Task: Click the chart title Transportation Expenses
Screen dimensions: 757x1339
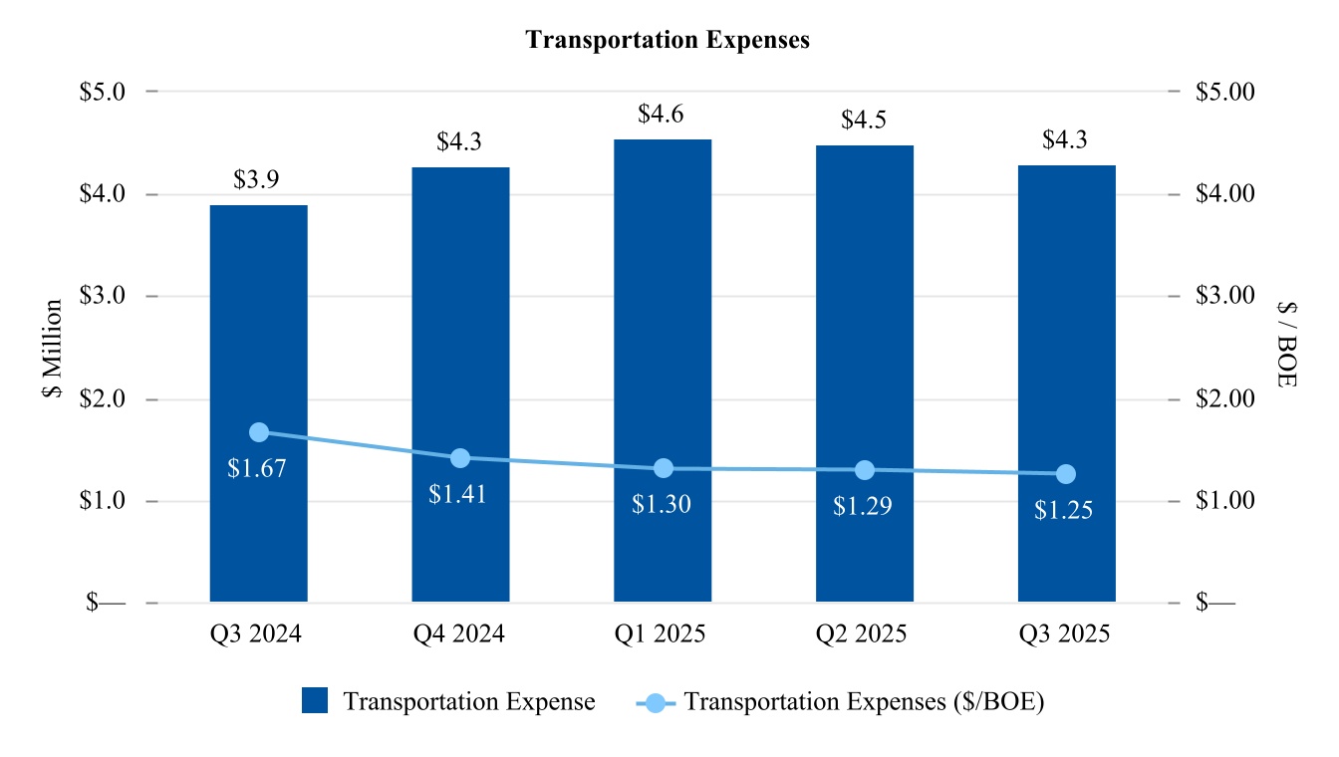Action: click(668, 40)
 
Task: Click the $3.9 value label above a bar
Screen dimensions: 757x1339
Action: click(258, 180)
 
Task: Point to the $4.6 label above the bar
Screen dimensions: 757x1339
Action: click(663, 115)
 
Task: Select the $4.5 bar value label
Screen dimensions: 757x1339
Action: click(864, 121)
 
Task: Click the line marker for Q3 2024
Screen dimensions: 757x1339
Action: click(259, 432)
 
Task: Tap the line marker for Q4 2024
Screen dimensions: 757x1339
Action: click(460, 458)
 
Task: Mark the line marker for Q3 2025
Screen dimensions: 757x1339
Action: click(1066, 474)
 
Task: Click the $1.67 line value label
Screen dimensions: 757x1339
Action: click(257, 468)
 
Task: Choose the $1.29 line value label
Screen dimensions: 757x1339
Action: click(863, 506)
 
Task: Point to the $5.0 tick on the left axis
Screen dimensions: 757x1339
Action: click(103, 92)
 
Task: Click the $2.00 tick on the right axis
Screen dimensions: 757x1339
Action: click(1224, 399)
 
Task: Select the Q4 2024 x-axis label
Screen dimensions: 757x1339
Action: click(459, 634)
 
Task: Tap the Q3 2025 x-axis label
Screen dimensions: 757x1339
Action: click(1065, 634)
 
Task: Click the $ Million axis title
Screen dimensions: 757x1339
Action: click(53, 349)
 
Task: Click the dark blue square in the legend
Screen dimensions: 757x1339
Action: click(315, 701)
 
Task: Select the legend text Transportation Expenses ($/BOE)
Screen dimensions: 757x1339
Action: click(865, 701)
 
